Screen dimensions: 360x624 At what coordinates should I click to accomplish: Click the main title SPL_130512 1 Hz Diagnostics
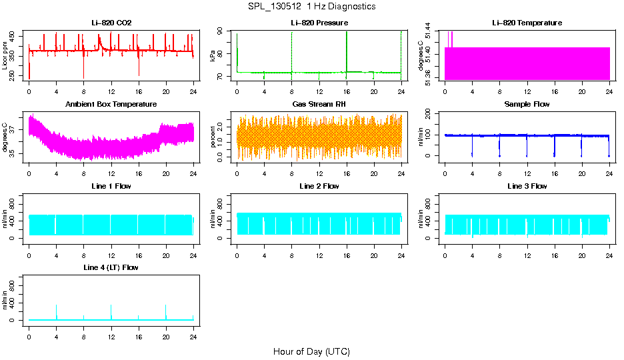[311, 6]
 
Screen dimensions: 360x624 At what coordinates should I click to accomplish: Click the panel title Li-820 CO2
[111, 23]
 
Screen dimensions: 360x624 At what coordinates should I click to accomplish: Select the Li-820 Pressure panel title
[319, 23]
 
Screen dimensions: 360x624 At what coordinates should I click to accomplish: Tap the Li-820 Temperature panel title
[527, 23]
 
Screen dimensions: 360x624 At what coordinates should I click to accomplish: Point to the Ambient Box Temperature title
[111, 104]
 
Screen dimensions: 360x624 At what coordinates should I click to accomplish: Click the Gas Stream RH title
[319, 104]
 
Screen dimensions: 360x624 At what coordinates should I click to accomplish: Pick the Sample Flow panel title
[527, 104]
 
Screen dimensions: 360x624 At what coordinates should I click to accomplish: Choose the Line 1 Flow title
[111, 186]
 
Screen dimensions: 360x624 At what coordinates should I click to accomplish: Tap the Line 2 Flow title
[319, 186]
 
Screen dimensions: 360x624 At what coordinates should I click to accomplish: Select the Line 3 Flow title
[527, 186]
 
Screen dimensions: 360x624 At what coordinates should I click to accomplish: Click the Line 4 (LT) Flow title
[111, 267]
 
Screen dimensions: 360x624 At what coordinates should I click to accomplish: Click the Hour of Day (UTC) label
[311, 351]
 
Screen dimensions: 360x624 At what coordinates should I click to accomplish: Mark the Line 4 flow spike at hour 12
[111, 311]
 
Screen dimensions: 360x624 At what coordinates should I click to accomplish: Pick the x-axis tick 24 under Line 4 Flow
[193, 337]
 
